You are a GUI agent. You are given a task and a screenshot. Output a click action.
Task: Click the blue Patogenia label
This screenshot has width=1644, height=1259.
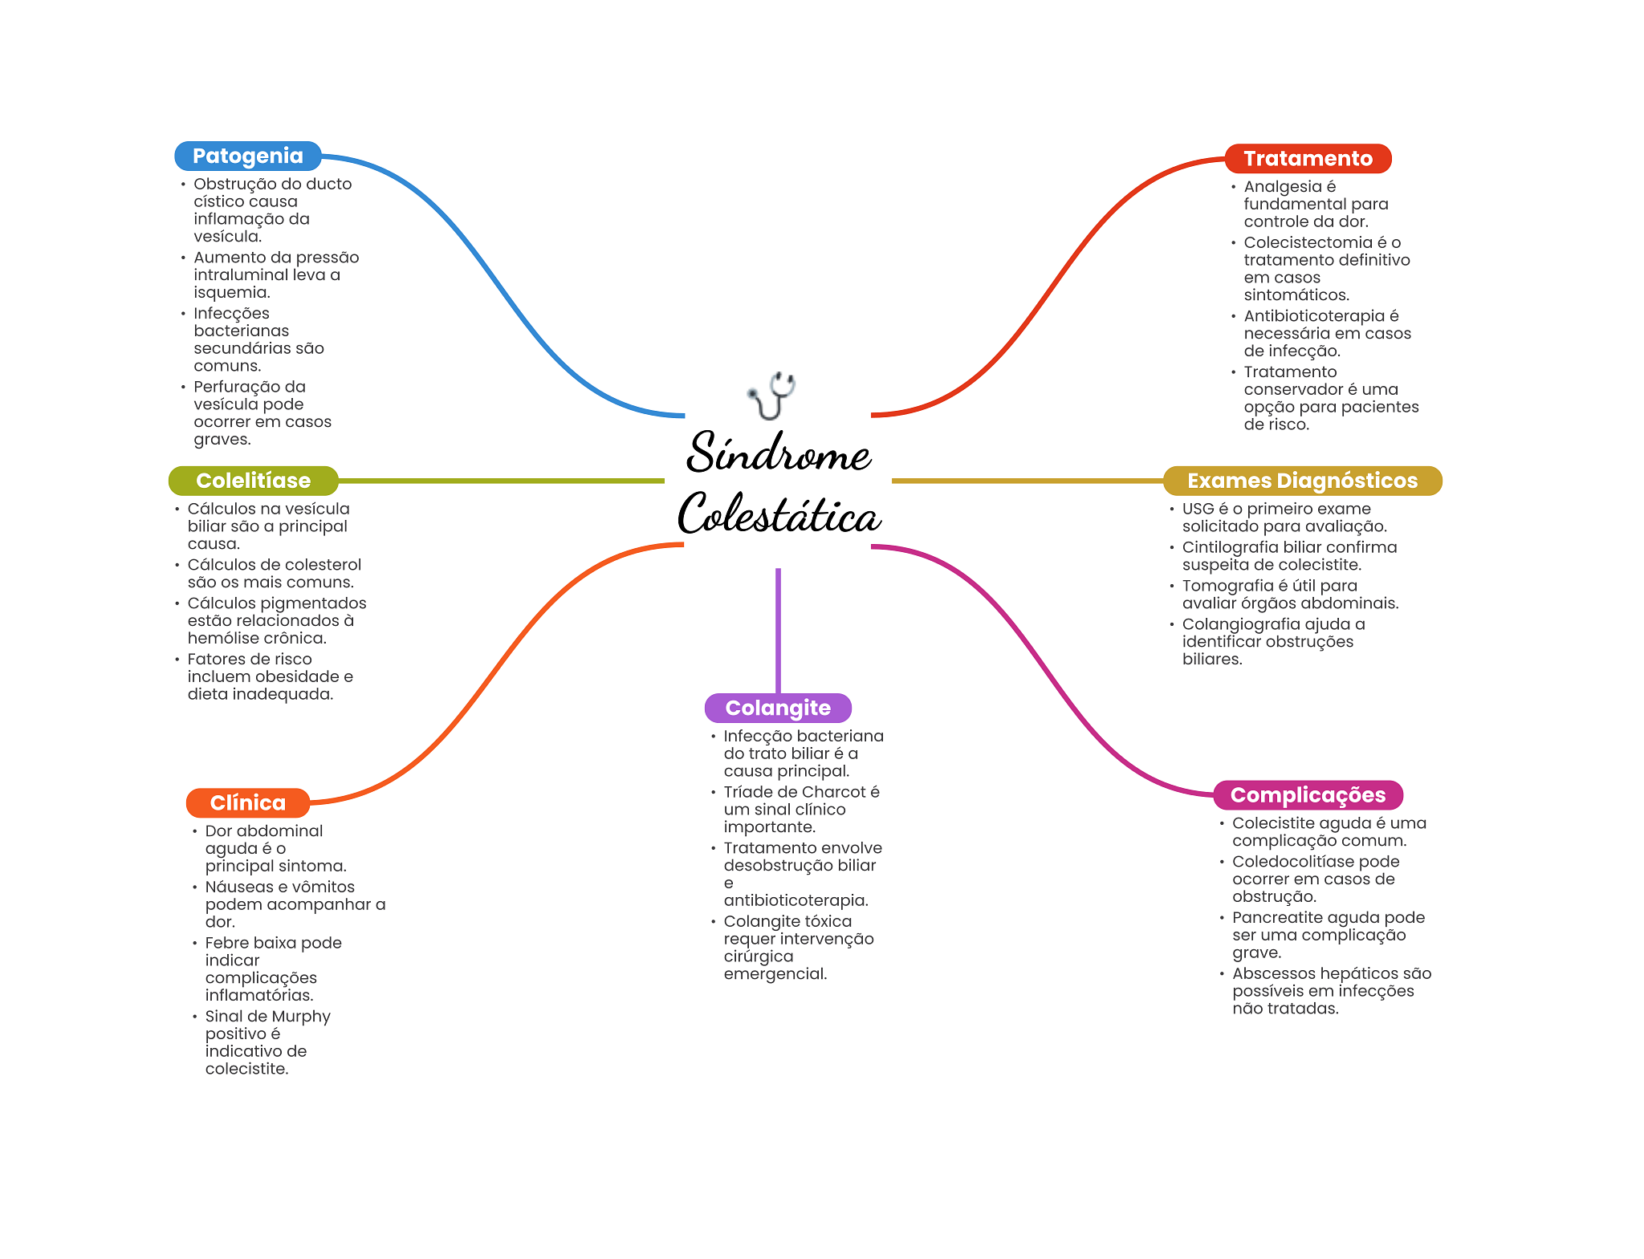click(x=247, y=156)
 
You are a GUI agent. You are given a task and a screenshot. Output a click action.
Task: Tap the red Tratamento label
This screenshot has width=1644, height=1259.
click(x=1308, y=159)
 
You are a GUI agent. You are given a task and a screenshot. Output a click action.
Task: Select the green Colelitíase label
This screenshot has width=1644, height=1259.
click(x=253, y=481)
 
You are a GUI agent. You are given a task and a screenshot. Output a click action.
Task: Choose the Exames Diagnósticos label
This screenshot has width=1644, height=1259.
click(x=1302, y=481)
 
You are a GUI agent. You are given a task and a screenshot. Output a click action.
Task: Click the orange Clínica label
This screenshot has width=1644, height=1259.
click(x=247, y=802)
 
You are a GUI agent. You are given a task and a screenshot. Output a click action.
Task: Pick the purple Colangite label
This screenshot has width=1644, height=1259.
click(x=778, y=708)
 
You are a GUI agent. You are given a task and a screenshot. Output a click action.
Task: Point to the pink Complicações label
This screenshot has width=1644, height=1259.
click(x=1308, y=795)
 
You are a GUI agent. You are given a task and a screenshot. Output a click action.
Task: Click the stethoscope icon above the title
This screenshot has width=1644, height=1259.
click(x=771, y=395)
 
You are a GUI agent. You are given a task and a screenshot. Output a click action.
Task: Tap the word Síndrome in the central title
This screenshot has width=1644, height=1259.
click(x=779, y=453)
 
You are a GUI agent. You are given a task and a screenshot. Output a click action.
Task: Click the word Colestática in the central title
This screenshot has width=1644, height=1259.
click(x=779, y=514)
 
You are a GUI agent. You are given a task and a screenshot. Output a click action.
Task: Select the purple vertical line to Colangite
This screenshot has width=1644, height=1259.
click(x=778, y=630)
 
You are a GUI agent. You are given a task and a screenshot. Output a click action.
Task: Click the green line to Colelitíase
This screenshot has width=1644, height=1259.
click(x=501, y=481)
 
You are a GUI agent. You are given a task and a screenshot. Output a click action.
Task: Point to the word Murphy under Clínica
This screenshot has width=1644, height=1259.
click(x=301, y=1017)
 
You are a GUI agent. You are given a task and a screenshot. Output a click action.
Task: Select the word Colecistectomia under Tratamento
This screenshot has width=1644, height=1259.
click(x=1308, y=242)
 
